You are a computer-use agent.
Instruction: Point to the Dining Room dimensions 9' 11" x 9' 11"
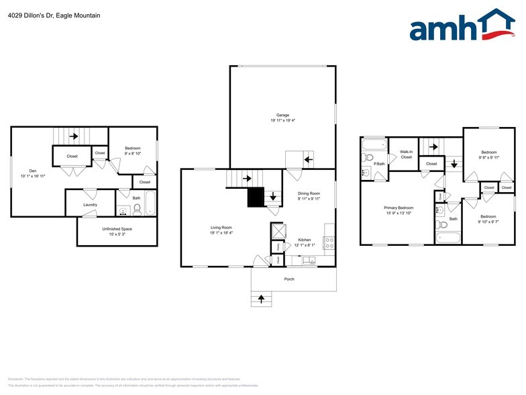tap(309, 199)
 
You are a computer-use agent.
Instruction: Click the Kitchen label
tap(304, 240)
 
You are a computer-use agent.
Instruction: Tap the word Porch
tap(289, 279)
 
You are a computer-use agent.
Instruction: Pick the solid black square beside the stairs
tap(256, 197)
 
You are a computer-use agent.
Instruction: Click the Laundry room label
tap(91, 205)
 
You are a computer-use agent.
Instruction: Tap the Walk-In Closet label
tap(406, 155)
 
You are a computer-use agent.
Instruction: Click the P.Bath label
tap(380, 164)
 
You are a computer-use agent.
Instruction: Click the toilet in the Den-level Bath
tap(137, 209)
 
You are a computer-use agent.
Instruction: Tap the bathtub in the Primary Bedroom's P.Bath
tap(373, 144)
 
